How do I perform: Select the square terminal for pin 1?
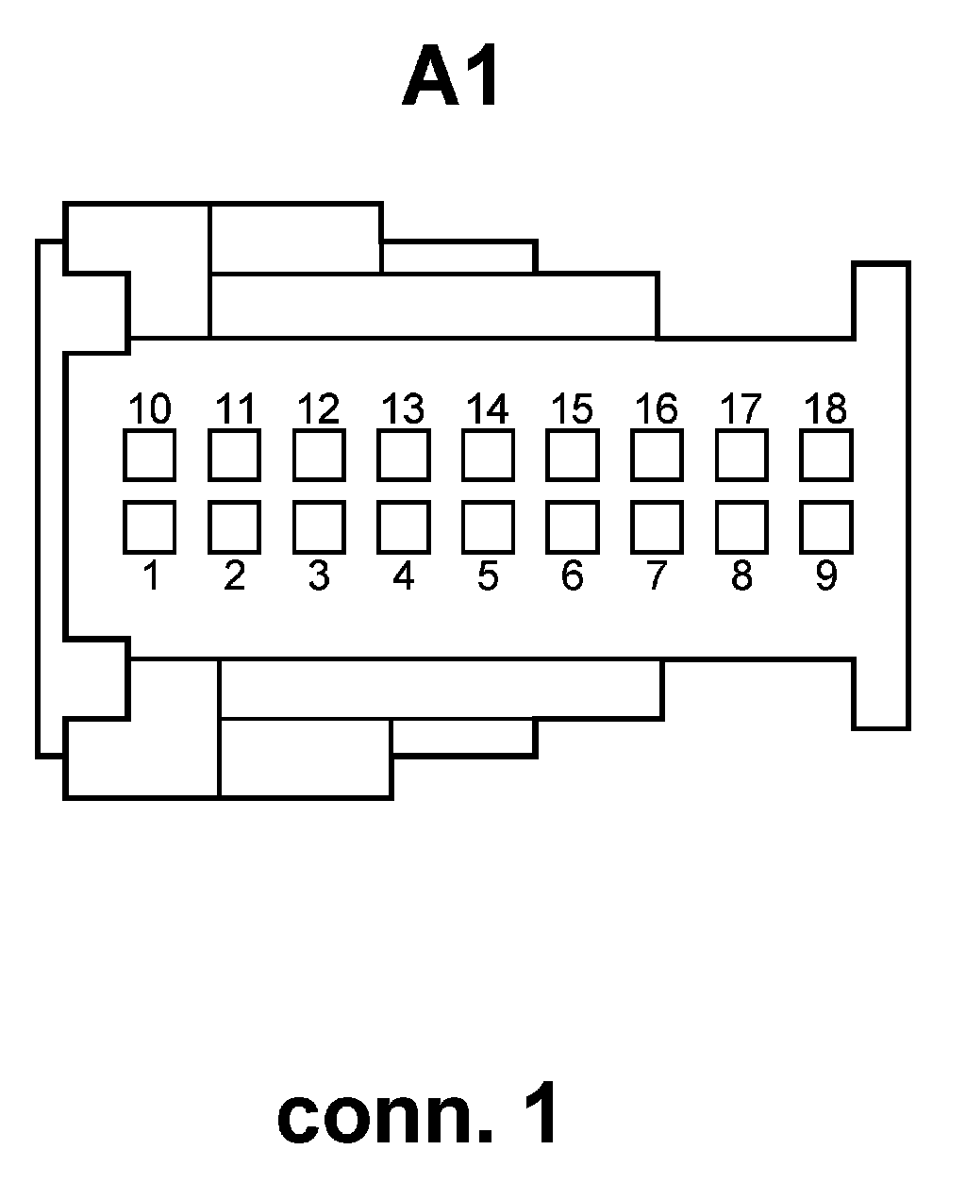pyautogui.click(x=149, y=526)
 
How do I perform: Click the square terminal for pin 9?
pyautogui.click(x=825, y=526)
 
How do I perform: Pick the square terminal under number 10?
pyautogui.click(x=149, y=455)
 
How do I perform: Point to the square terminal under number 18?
pyautogui.click(x=825, y=455)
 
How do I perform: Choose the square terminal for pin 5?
pyautogui.click(x=488, y=526)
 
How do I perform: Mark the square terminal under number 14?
pyautogui.click(x=488, y=455)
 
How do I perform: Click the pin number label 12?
pyautogui.click(x=319, y=409)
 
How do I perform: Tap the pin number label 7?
pyautogui.click(x=657, y=575)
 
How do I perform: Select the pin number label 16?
pyautogui.click(x=657, y=409)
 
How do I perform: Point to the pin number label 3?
pyautogui.click(x=319, y=575)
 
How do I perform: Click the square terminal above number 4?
pyautogui.click(x=403, y=526)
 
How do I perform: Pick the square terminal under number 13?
pyautogui.click(x=403, y=455)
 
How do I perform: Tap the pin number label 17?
pyautogui.click(x=741, y=409)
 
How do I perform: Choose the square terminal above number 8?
pyautogui.click(x=741, y=526)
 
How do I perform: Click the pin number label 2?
pyautogui.click(x=234, y=575)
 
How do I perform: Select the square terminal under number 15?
pyautogui.click(x=572, y=455)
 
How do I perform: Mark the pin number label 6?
pyautogui.click(x=572, y=575)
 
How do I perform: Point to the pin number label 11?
pyautogui.click(x=235, y=409)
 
